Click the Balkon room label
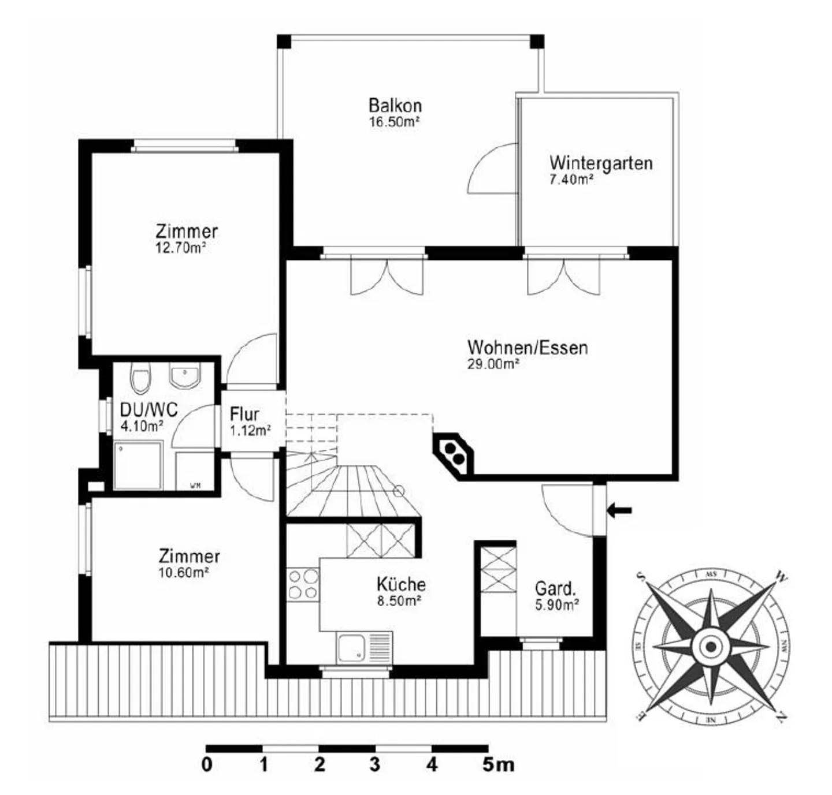[395, 106]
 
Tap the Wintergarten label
[601, 163]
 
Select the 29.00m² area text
[493, 364]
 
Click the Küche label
[401, 584]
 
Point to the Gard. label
[555, 588]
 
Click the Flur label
[244, 414]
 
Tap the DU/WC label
[148, 409]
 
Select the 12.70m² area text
[181, 248]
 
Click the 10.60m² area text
[183, 573]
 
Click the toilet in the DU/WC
[140, 378]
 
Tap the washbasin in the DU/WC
[184, 376]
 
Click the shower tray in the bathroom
[138, 466]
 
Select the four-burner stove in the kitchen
[303, 584]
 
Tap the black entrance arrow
[619, 510]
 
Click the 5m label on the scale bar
[497, 765]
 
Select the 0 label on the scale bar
[207, 765]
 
